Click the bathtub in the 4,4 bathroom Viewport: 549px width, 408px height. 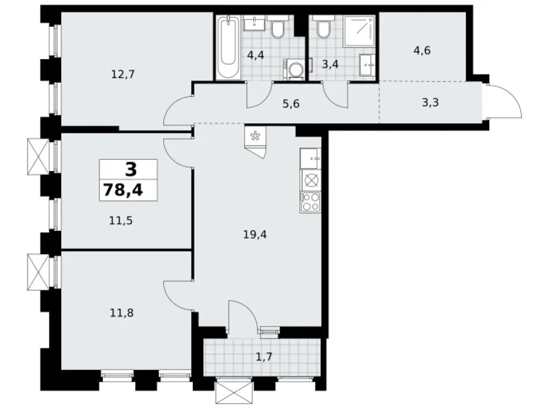pyautogui.click(x=227, y=47)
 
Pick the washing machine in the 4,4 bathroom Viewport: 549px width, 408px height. pyautogui.click(x=295, y=69)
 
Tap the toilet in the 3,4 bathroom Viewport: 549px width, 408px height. pyautogui.click(x=323, y=29)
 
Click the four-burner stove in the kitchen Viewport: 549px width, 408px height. pyautogui.click(x=310, y=203)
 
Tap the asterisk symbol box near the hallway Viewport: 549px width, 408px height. pyautogui.click(x=253, y=136)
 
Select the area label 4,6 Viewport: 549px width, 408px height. pyautogui.click(x=423, y=51)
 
